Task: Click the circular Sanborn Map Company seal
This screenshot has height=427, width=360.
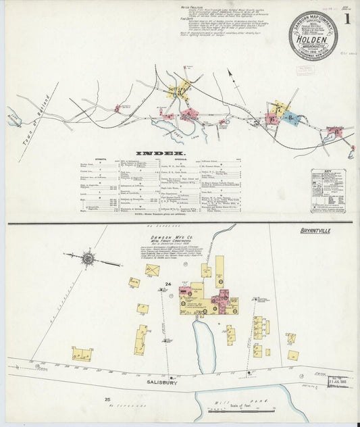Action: pyautogui.click(x=313, y=36)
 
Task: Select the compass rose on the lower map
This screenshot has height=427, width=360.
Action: pyautogui.click(x=88, y=257)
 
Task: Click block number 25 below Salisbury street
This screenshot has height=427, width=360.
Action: pyautogui.click(x=107, y=400)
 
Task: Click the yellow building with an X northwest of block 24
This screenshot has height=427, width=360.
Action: pyautogui.click(x=153, y=270)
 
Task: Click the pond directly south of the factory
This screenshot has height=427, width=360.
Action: pyautogui.click(x=204, y=341)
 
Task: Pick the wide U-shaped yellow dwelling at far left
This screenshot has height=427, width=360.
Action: pyautogui.click(x=82, y=353)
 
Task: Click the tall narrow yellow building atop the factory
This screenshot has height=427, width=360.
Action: pyautogui.click(x=220, y=270)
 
